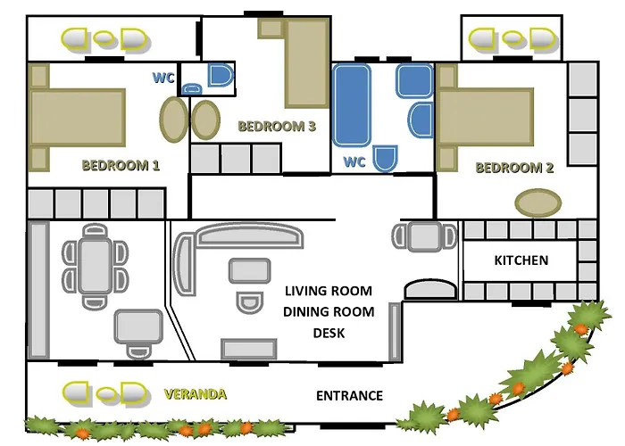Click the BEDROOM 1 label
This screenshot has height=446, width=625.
pos(121,165)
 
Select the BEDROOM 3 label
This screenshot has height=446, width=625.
pos(277,127)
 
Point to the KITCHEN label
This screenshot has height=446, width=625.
pos(521,260)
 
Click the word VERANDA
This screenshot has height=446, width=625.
pos(196,393)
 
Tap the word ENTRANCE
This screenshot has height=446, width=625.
pos(349,396)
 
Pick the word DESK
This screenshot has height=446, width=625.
pos(328,334)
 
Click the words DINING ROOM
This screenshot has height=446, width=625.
pos(328,312)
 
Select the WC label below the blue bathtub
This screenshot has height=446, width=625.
pos(354,163)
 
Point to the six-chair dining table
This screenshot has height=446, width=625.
pos(94,265)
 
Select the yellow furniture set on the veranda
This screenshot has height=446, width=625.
pos(104,392)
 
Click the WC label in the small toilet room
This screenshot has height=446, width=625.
pos(163,78)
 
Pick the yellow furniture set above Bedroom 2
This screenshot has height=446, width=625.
pos(512,39)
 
